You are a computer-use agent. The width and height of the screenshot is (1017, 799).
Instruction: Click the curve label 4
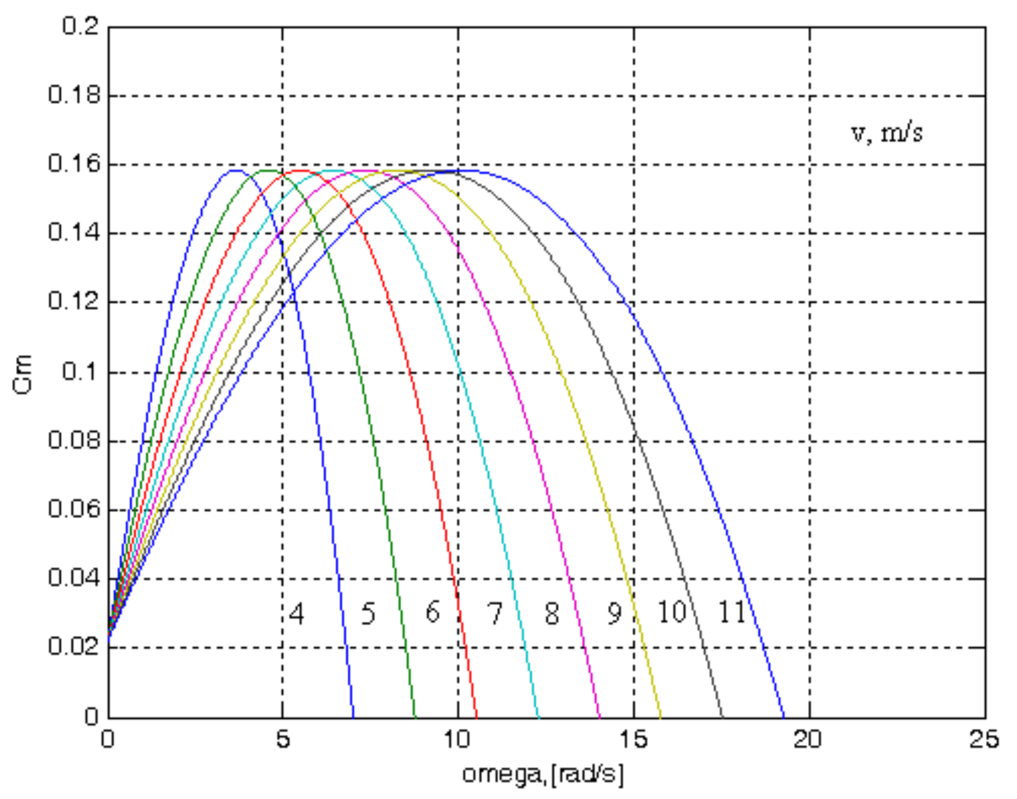[296, 614]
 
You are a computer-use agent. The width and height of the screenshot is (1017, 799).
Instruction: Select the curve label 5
[368, 614]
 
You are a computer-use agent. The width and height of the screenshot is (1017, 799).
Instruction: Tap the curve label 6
[432, 612]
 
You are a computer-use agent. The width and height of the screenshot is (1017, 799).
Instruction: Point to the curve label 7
[495, 613]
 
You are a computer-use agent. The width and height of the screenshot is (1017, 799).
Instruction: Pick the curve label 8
[552, 613]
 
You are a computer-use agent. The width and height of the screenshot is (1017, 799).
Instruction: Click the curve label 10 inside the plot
[671, 612]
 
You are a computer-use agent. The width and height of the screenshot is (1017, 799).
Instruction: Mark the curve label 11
[731, 612]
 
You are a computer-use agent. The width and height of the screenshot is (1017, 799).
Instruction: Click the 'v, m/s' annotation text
[886, 132]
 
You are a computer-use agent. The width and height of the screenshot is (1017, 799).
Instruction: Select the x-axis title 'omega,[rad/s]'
[543, 774]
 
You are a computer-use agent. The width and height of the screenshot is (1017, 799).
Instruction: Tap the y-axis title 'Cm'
[22, 374]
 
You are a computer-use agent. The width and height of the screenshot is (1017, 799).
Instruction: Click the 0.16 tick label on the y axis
[74, 164]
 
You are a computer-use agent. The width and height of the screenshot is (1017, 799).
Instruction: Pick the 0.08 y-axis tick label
[74, 441]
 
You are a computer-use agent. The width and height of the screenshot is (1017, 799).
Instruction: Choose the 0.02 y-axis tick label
[74, 647]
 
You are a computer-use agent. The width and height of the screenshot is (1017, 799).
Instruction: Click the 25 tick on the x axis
[984, 740]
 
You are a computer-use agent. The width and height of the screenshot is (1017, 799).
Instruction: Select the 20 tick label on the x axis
[808, 740]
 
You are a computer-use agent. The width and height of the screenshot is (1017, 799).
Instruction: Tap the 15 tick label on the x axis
[633, 740]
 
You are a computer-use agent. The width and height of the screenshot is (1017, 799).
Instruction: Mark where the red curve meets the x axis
[477, 717]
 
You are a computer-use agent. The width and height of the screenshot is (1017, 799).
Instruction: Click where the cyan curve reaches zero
[539, 717]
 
